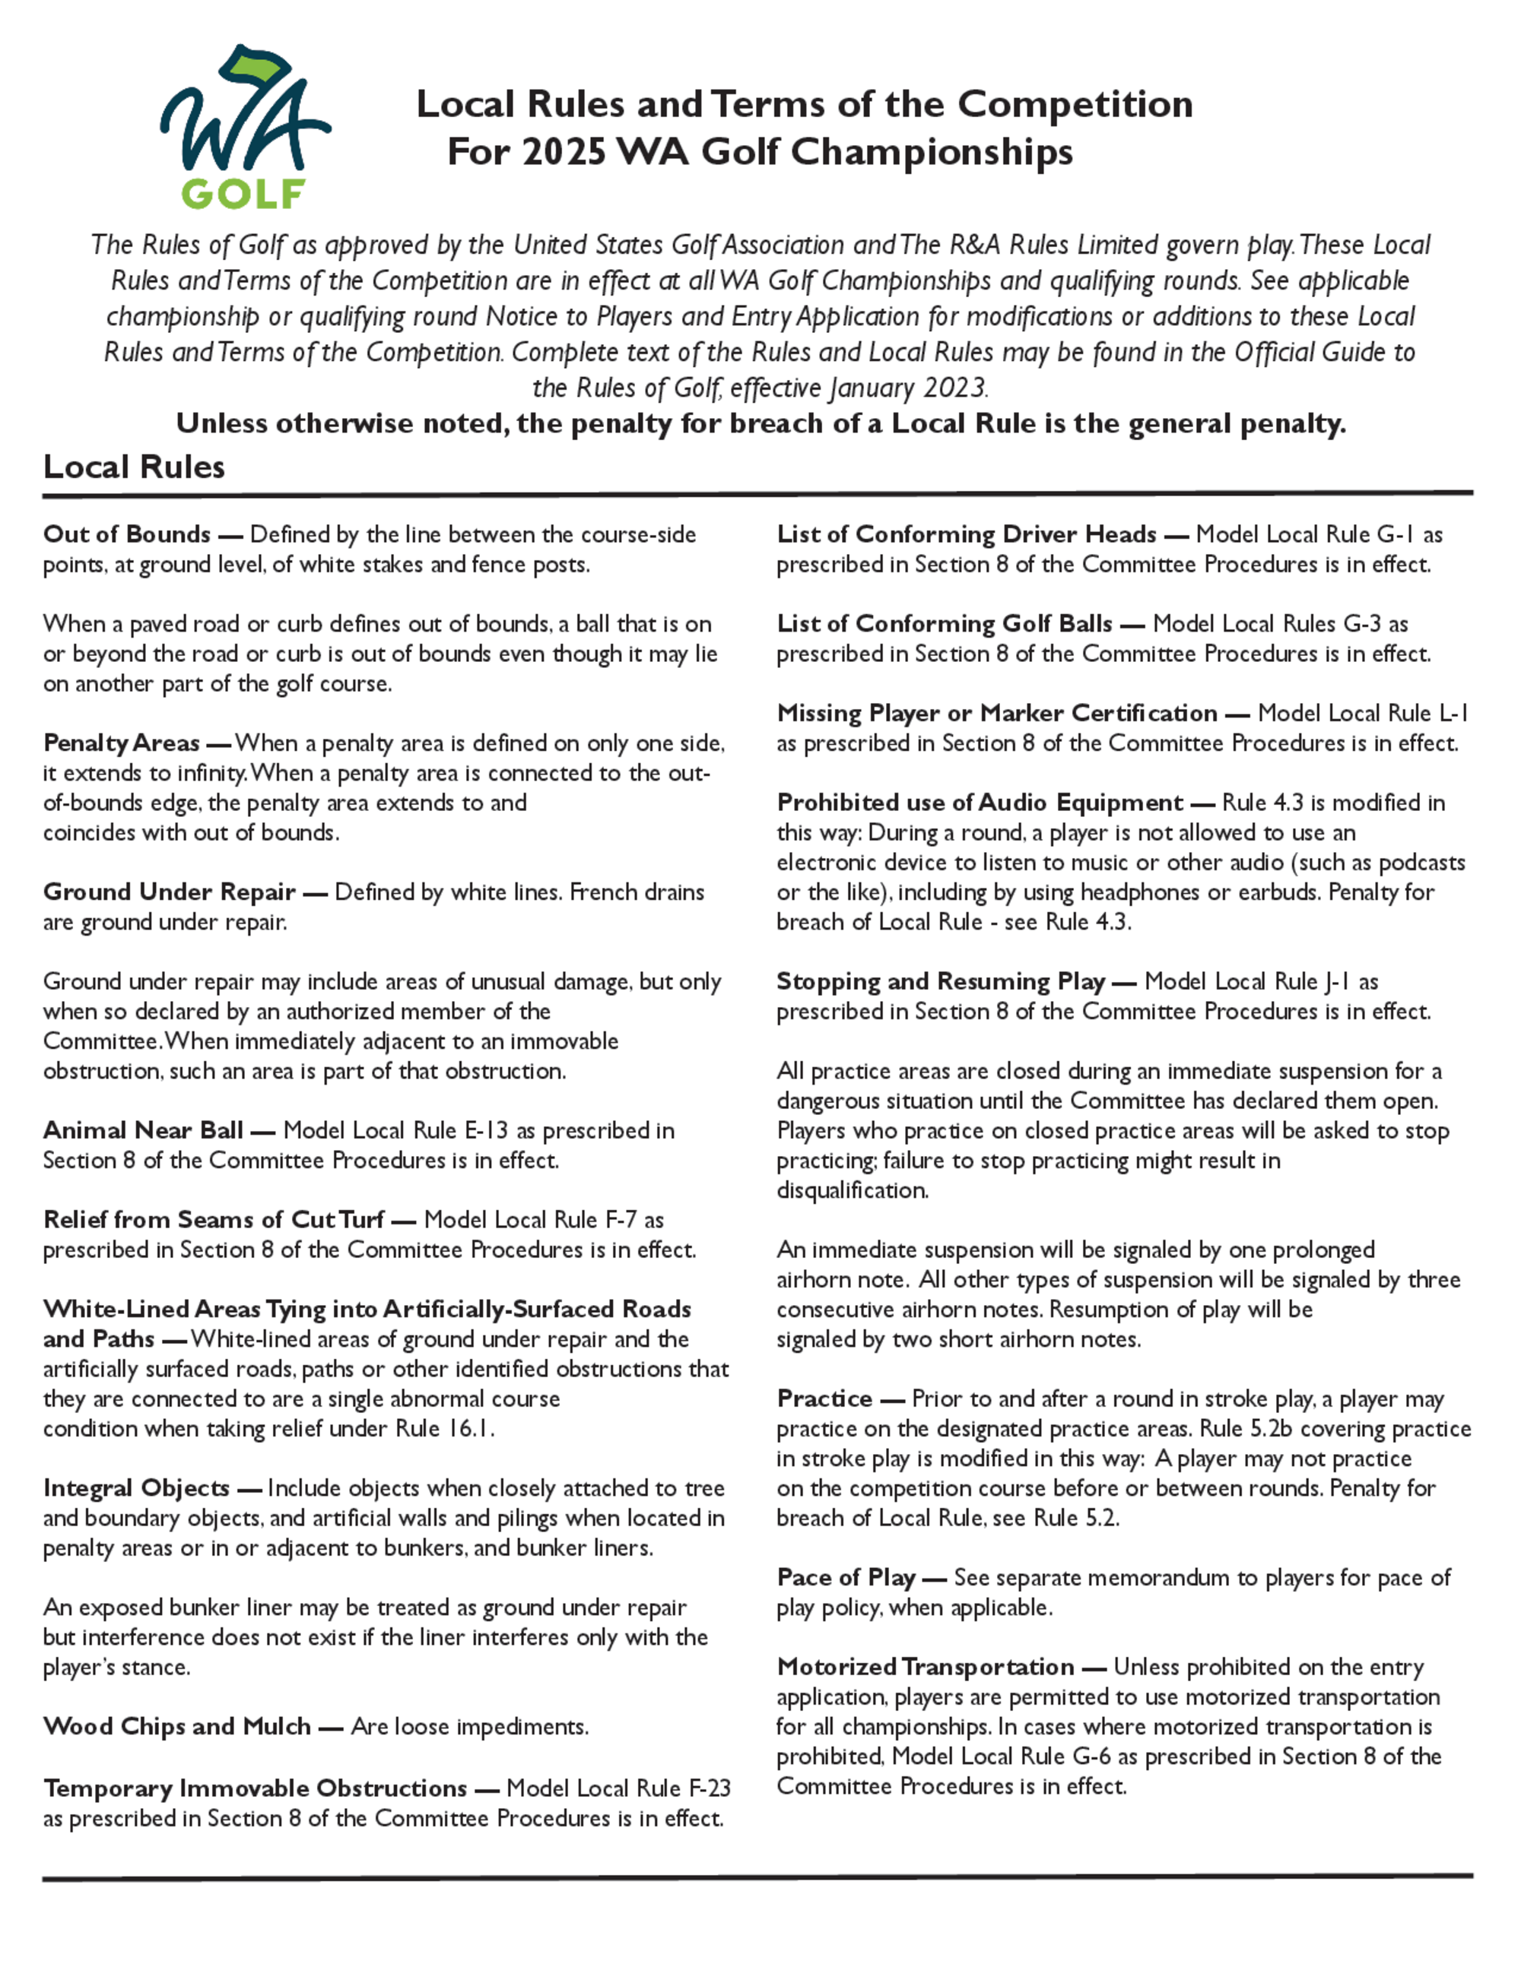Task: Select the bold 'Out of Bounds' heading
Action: (x=126, y=534)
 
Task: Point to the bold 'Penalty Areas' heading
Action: (x=121, y=743)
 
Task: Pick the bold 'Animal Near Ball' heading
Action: (x=143, y=1130)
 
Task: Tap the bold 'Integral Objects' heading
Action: (x=136, y=1488)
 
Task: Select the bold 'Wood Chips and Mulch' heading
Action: (x=176, y=1727)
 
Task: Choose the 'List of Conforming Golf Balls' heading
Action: (x=945, y=623)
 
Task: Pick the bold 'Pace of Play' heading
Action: (x=846, y=1577)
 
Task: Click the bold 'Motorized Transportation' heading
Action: (x=926, y=1667)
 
